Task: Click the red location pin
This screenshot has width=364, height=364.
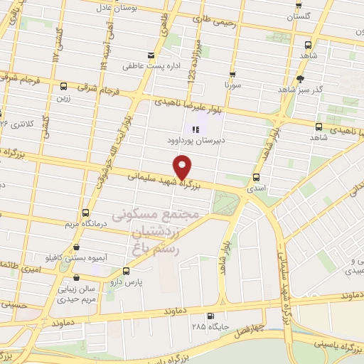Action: click(183, 166)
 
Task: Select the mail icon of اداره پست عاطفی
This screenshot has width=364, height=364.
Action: click(149, 55)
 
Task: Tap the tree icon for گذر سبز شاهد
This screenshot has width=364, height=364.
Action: click(300, 79)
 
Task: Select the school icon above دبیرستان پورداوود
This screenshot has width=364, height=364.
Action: click(196, 129)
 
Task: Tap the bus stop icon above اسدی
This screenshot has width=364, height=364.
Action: click(256, 177)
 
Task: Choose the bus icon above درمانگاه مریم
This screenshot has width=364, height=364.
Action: click(86, 213)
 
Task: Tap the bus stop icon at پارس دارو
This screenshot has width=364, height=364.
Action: click(127, 271)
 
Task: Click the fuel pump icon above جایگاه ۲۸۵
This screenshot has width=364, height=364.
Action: click(209, 316)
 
